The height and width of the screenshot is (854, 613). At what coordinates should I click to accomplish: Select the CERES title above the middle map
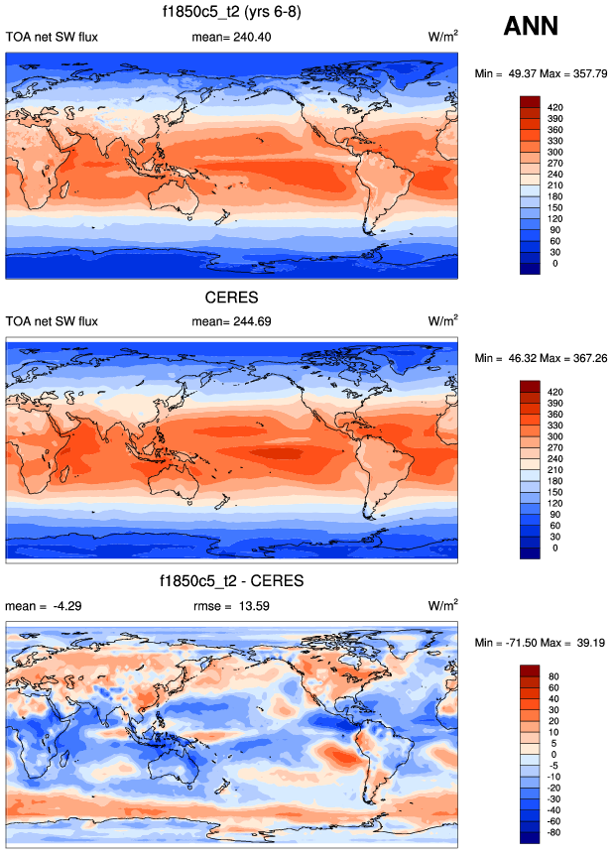click(232, 296)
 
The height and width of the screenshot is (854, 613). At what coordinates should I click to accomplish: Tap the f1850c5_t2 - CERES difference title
click(232, 579)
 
